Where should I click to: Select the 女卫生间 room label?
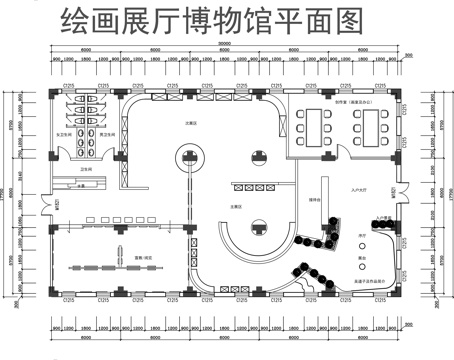(x=62, y=133)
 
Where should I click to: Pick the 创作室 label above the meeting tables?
(x=345, y=101)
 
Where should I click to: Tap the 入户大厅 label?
(x=360, y=189)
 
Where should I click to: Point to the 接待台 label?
(x=314, y=201)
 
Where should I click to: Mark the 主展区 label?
(x=237, y=206)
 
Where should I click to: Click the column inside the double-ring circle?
(x=189, y=157)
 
